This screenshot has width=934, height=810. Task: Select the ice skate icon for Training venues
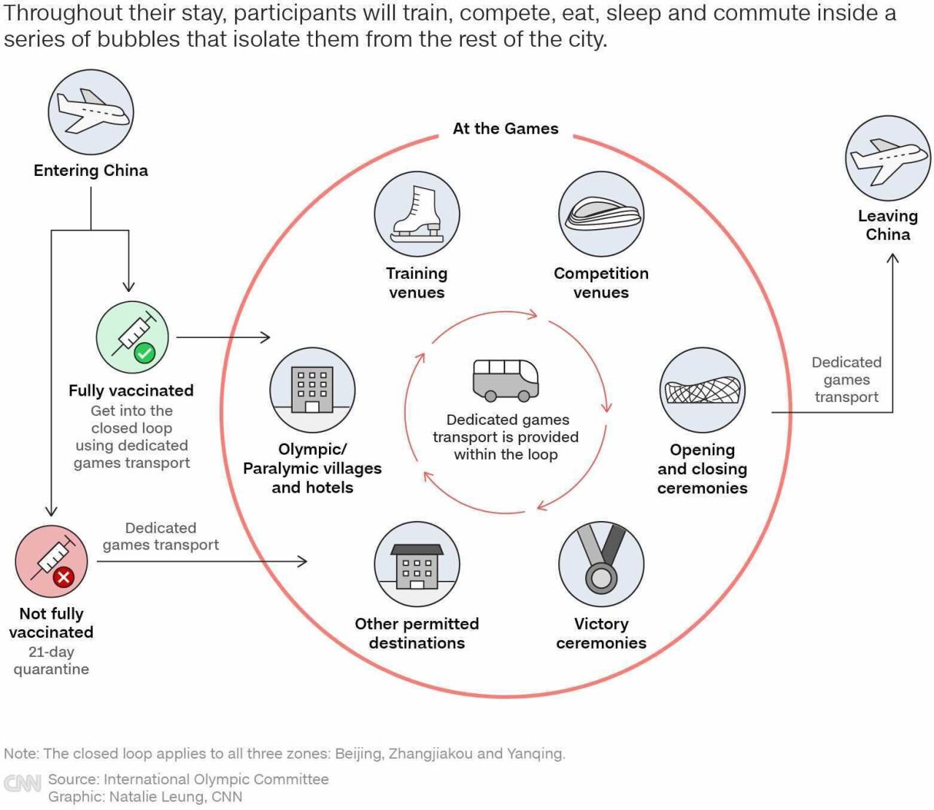[417, 214]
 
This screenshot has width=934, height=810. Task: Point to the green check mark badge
[144, 353]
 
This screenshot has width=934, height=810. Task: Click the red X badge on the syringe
[63, 577]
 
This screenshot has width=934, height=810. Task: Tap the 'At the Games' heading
[506, 128]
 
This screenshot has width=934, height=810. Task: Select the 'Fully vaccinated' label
[131, 390]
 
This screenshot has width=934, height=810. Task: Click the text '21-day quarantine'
[51, 660]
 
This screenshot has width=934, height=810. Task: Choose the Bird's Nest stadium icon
[702, 390]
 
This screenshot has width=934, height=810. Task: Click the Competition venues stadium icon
[601, 214]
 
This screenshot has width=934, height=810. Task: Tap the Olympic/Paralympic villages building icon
[312, 390]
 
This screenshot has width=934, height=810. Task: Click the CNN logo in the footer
[22, 783]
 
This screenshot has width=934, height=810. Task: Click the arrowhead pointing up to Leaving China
[892, 258]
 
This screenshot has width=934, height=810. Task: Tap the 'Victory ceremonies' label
[601, 633]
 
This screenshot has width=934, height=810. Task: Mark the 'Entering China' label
[90, 171]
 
